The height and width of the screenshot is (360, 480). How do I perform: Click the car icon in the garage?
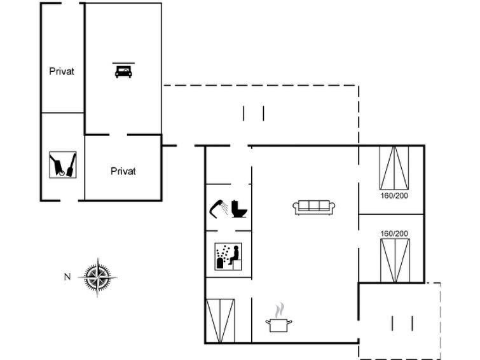[123, 71]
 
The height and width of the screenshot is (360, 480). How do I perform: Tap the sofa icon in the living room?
[314, 207]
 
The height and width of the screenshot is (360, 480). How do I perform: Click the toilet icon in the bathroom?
[239, 209]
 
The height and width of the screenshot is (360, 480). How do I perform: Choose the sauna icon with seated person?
[228, 257]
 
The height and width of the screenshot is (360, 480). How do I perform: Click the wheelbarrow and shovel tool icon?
[63, 165]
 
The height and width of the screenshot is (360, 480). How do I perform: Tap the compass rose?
[98, 277]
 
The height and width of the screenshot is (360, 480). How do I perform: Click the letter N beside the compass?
[67, 277]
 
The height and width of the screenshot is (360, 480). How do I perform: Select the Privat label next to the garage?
[62, 71]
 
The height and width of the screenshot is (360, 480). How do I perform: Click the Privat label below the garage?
[123, 171]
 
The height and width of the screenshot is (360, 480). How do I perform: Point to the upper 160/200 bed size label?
[394, 195]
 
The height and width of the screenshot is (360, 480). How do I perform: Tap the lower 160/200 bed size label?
[394, 233]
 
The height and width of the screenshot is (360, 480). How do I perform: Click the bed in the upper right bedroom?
[394, 167]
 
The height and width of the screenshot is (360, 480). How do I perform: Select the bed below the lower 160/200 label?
[395, 260]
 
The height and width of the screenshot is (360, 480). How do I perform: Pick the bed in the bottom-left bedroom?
[221, 321]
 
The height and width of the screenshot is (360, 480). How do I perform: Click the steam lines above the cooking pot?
[280, 310]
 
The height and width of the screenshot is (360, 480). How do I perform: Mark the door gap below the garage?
[118, 134]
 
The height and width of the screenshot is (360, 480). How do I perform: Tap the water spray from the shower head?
[225, 207]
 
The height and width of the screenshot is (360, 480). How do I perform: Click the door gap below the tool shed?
[69, 201]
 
